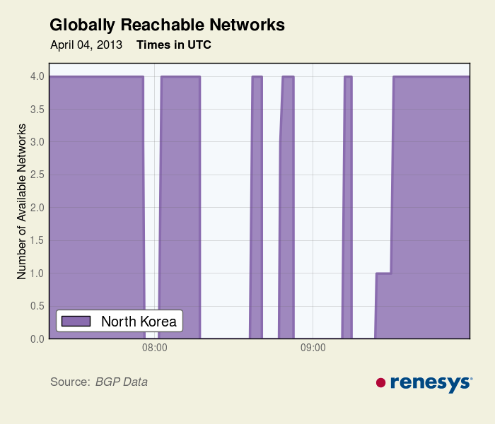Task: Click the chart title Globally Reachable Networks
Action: click(x=167, y=25)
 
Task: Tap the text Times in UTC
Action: click(x=174, y=45)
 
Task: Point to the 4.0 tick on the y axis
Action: click(x=37, y=76)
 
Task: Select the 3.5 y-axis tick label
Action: click(x=37, y=109)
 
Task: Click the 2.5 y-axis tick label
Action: click(x=37, y=175)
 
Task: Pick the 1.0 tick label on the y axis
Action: click(x=37, y=273)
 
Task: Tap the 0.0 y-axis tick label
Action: click(x=37, y=339)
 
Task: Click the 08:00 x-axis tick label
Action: click(x=154, y=348)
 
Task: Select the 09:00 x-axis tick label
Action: click(x=313, y=348)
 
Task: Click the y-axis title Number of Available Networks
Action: click(x=22, y=201)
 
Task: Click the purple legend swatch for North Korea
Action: click(x=76, y=322)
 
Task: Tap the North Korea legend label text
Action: click(x=139, y=322)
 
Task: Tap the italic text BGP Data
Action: click(x=122, y=382)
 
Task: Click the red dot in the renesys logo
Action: click(x=380, y=382)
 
